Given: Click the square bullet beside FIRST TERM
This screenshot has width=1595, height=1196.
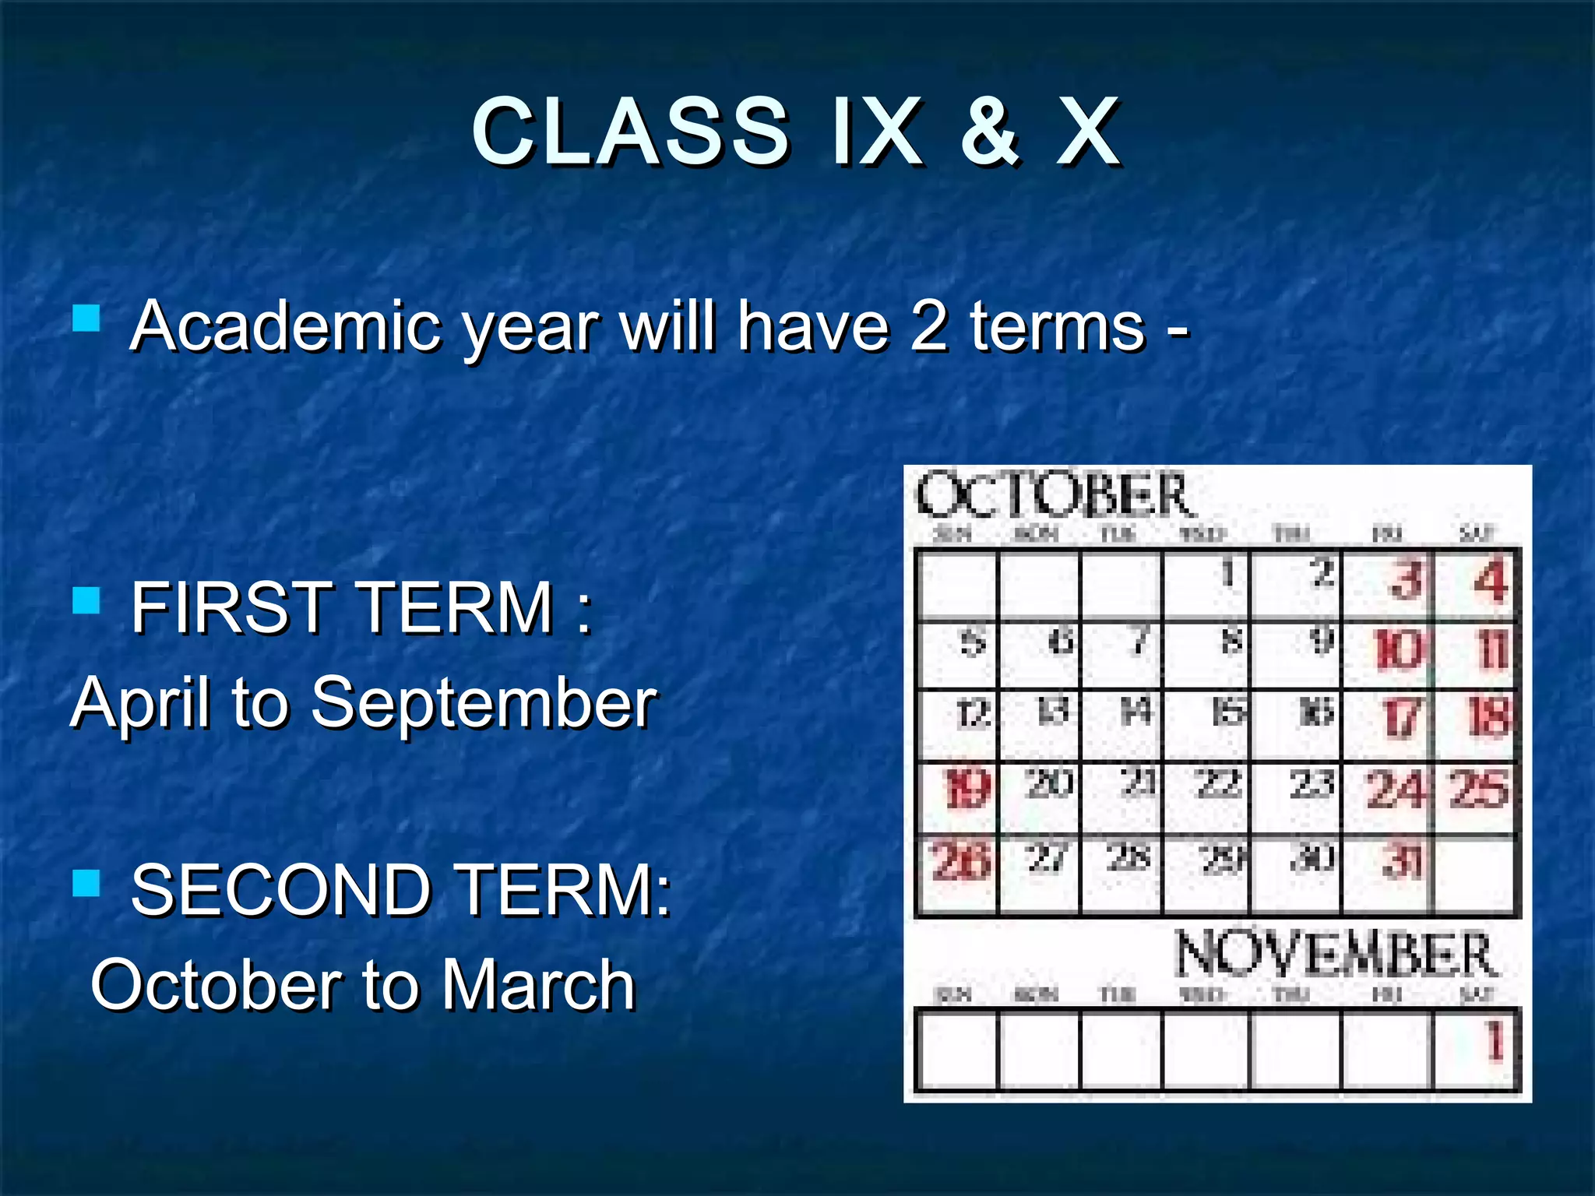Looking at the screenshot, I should (86, 600).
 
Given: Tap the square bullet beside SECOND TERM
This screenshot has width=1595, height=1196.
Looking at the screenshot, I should (86, 883).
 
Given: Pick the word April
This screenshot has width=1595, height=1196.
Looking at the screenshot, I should (141, 704).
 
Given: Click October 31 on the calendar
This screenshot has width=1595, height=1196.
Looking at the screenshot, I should (1402, 861).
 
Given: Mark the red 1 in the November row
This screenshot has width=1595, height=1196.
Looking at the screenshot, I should (1494, 1041).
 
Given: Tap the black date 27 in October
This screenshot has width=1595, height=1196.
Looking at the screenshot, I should (1046, 858).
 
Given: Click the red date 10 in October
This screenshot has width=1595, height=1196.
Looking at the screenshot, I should (1398, 649).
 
